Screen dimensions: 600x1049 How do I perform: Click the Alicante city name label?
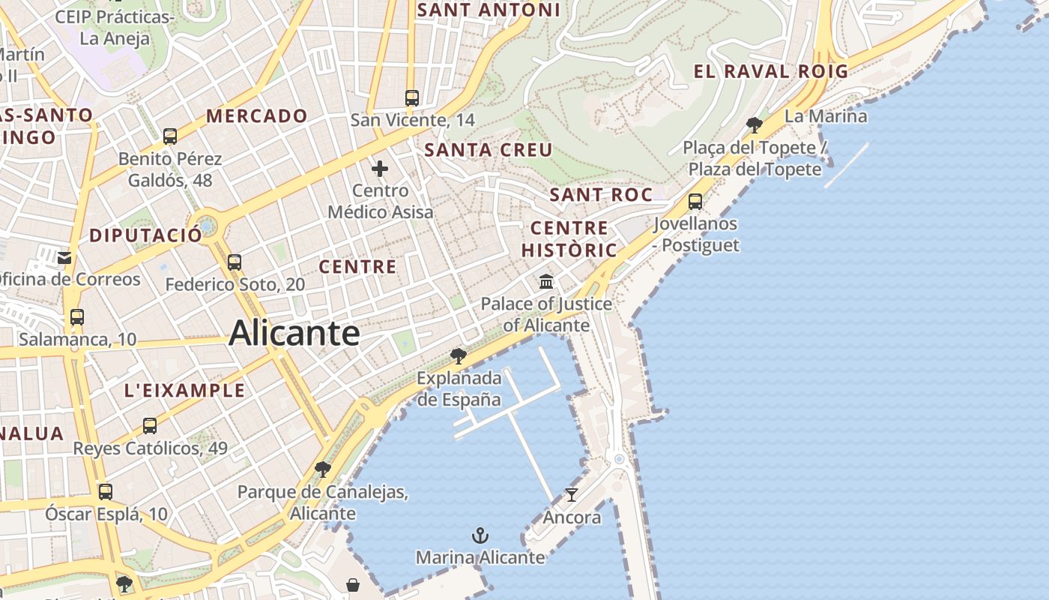pos(294,333)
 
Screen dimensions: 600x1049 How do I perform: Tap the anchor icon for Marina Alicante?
pos(480,535)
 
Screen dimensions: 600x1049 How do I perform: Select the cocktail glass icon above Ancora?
pos(572,495)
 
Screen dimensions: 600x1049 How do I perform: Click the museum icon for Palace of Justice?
pos(546,282)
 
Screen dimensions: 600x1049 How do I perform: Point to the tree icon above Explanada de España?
pos(459,355)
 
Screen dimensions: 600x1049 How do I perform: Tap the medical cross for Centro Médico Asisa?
pos(380,169)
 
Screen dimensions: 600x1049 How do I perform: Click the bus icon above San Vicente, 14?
pos(411,98)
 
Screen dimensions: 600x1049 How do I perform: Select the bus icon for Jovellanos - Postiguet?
pos(695,202)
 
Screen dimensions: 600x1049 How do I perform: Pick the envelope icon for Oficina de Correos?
pos(64,258)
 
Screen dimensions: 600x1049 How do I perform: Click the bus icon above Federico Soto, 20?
pos(235,262)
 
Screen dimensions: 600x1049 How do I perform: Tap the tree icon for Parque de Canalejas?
pos(323,470)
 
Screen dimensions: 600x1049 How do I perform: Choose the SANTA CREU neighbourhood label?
pos(489,150)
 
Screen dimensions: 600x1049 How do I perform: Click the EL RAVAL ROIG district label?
pos(770,72)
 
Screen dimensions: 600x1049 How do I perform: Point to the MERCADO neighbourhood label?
pos(257,116)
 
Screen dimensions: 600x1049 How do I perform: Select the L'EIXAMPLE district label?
pos(184,390)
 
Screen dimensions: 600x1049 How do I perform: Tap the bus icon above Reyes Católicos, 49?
pos(150,426)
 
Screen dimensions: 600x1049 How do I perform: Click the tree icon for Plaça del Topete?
pos(755,125)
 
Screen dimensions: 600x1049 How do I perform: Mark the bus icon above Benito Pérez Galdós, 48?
pos(170,136)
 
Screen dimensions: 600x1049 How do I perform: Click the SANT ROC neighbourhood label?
pos(601,195)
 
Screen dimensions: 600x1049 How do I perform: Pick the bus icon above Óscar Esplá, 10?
pos(106,492)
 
